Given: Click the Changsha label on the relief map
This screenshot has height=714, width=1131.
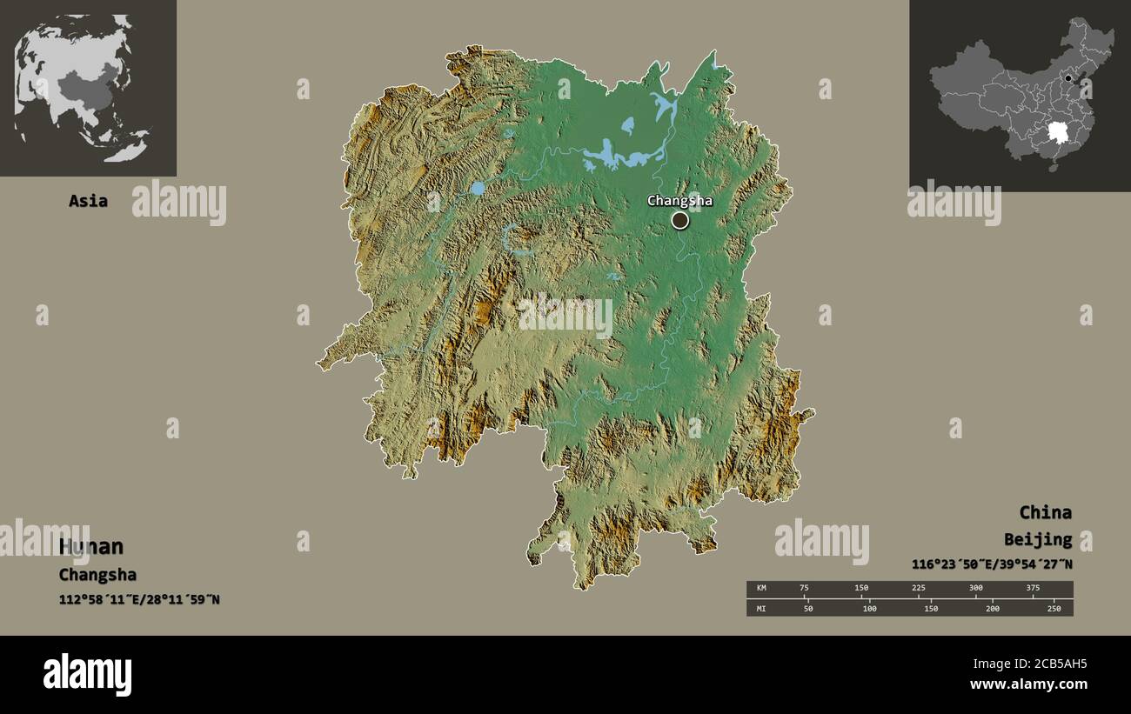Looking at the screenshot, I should (679, 201).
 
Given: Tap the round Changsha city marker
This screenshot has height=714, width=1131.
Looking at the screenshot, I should (679, 221).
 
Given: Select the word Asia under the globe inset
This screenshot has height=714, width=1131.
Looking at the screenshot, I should (89, 201).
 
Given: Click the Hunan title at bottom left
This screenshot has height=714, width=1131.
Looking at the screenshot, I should (91, 547).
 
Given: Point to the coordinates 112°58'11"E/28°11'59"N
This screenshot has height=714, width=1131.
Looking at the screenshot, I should (139, 599).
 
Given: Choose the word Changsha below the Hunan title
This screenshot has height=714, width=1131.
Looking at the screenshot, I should (97, 575).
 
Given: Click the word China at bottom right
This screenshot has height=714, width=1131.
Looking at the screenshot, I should (1045, 512).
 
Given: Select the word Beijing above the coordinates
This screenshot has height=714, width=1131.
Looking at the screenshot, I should (1037, 540).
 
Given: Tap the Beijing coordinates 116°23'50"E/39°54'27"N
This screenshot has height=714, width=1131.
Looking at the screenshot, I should (992, 564).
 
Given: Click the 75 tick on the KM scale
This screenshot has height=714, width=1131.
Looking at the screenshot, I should (805, 589).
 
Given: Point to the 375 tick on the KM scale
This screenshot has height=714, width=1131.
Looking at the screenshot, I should (1032, 589).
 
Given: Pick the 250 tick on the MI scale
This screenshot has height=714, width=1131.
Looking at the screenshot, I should (1054, 608).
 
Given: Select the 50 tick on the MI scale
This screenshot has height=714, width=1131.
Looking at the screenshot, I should (807, 608).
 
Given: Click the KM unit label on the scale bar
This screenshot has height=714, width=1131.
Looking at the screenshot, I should (761, 589).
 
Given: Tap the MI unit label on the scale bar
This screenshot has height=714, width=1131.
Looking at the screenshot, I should (761, 608).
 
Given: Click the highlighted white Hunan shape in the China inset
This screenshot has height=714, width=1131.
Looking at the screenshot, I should (1059, 133).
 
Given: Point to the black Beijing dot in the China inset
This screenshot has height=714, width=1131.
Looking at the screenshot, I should (1068, 78).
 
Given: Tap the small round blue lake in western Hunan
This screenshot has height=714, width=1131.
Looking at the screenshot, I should (478, 188).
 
